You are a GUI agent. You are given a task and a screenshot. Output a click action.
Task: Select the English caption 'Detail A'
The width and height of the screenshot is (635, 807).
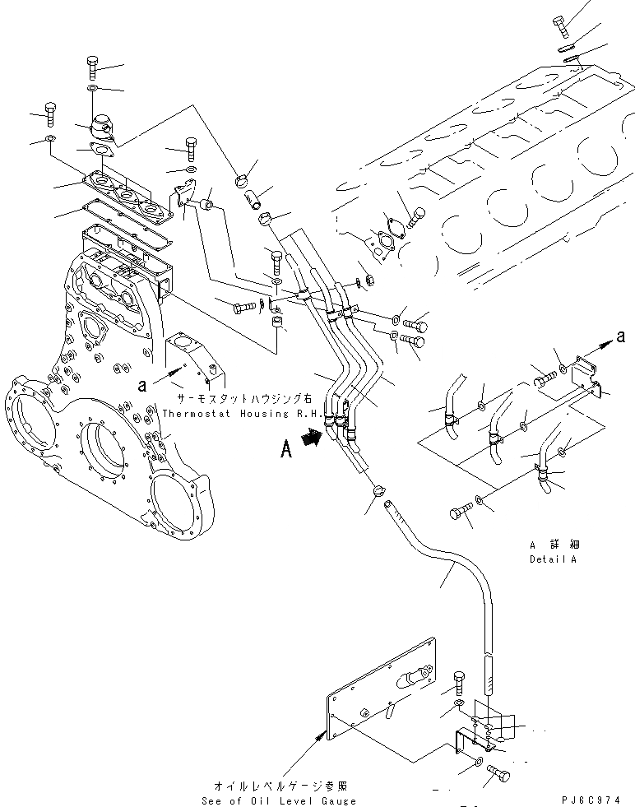[x=554, y=559]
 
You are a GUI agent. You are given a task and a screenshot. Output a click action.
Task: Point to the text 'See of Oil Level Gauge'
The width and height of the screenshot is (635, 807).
[x=280, y=800]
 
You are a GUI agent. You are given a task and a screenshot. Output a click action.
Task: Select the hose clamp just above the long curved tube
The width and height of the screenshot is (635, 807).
[x=378, y=491]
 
